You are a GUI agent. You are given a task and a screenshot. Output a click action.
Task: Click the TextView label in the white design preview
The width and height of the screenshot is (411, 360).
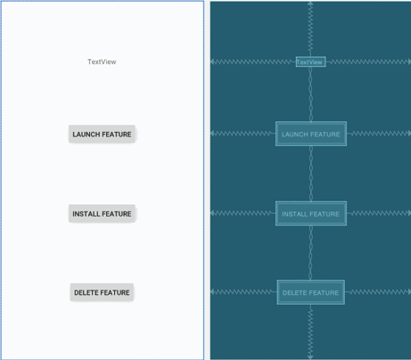(102, 61)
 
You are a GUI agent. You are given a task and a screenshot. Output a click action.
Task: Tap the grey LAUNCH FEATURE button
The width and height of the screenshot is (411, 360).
(102, 135)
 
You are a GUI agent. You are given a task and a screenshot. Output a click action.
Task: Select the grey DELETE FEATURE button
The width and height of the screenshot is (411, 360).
(102, 292)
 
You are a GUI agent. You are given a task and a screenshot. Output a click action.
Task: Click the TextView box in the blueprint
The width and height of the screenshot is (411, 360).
(311, 61)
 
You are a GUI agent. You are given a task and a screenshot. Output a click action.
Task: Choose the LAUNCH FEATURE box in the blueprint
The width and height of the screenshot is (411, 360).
(311, 134)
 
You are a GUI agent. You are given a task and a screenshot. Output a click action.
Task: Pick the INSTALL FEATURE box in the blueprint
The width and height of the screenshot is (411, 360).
(311, 214)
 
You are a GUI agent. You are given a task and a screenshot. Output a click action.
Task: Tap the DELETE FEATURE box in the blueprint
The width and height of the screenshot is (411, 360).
(311, 292)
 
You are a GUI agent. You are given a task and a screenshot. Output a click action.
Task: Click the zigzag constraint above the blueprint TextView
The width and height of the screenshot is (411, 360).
(310, 29)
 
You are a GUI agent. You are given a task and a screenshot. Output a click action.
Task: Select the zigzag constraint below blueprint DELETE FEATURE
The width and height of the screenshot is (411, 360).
(310, 331)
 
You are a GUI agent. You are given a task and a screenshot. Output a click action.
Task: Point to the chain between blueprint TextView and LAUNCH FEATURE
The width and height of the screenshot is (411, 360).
(311, 94)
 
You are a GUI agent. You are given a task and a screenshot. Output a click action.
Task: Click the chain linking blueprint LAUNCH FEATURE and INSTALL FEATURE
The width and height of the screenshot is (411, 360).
(311, 174)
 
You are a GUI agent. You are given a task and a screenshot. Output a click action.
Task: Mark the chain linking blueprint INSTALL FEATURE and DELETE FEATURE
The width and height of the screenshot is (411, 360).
(311, 253)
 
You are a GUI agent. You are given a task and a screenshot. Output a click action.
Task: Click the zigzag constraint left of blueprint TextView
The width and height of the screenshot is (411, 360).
(253, 61)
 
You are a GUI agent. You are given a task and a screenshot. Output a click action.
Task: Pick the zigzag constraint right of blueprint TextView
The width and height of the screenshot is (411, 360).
(368, 61)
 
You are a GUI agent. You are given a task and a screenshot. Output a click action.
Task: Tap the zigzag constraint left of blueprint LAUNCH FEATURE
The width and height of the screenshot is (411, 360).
(242, 134)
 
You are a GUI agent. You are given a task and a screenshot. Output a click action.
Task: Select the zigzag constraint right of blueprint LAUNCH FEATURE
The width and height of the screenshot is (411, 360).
(379, 134)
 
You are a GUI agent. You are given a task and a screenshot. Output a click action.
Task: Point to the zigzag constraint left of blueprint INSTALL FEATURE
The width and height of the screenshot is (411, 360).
(242, 213)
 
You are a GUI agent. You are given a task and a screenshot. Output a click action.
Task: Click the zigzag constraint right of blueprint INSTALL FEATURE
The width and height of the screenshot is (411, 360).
(379, 213)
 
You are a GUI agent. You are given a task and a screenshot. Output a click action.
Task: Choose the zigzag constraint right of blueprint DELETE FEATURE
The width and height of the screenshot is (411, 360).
(378, 292)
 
